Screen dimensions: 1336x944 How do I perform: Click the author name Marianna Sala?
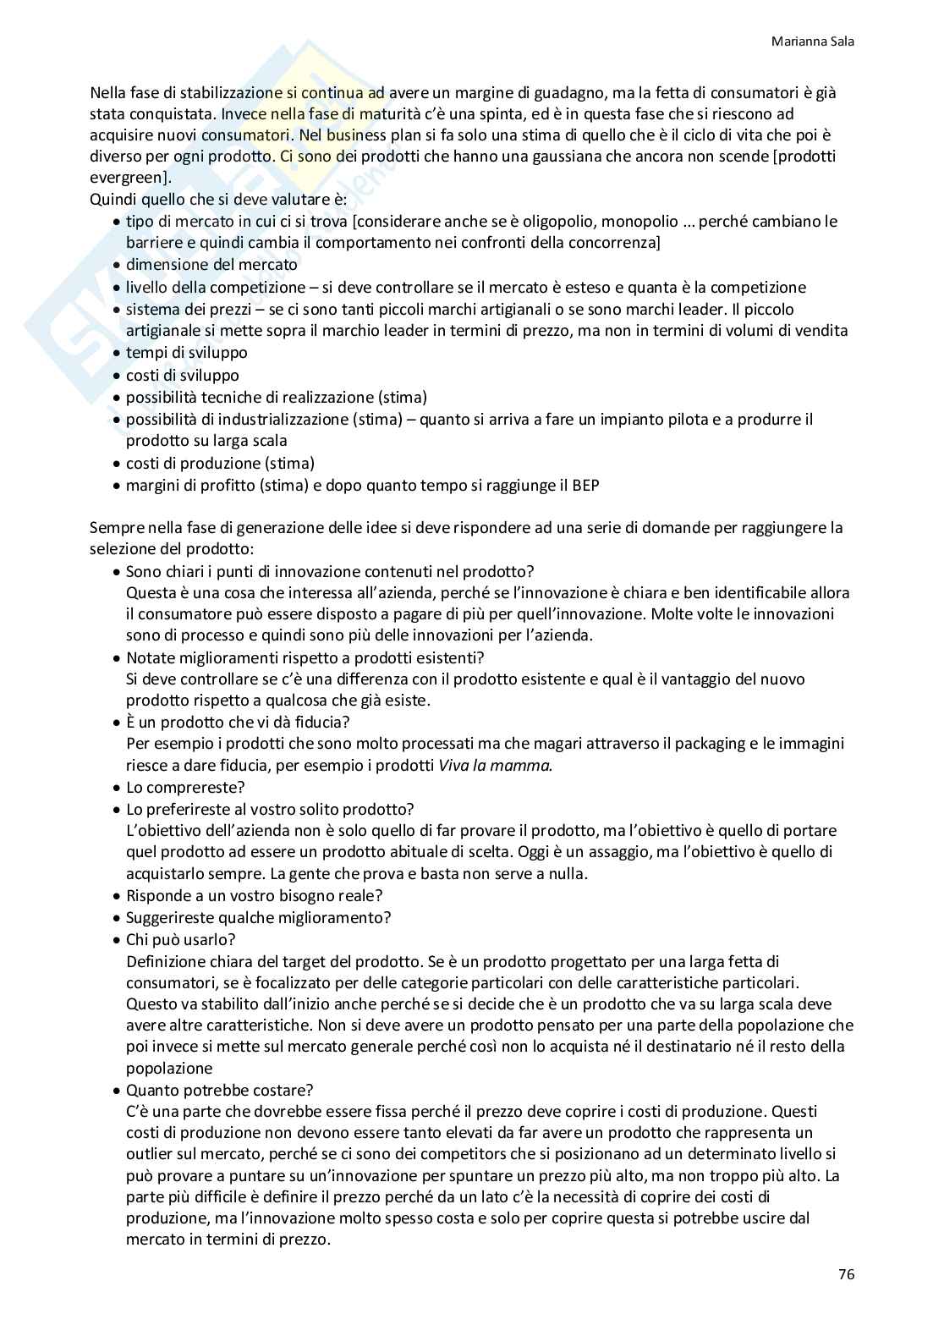[813, 41]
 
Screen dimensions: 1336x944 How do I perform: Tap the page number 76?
[846, 1274]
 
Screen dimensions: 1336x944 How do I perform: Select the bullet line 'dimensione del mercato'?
[211, 265]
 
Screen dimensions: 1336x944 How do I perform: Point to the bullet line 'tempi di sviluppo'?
[186, 353]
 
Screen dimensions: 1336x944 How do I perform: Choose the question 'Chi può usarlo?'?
[180, 939]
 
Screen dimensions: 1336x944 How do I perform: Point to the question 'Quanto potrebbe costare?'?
[219, 1090]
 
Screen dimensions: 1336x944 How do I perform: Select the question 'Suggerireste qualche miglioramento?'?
[258, 918]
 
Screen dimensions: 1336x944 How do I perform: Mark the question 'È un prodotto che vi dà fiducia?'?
[238, 723]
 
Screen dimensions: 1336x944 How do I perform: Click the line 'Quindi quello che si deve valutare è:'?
[206, 200]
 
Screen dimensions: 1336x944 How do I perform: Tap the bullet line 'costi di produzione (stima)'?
[220, 464]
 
